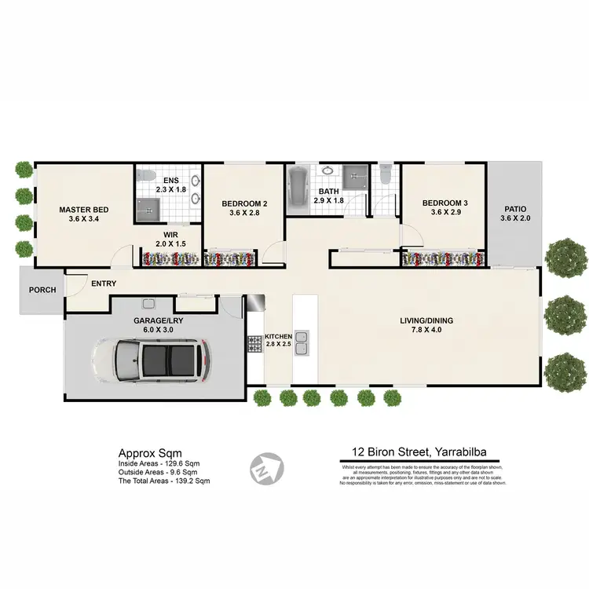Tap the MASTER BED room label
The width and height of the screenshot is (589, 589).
pos(84,210)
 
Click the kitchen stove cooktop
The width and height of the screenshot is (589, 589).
pos(255,343)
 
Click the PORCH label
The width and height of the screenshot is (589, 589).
pos(42,290)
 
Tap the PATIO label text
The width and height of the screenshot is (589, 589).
pos(515,209)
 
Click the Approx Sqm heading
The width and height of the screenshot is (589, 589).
pos(150,453)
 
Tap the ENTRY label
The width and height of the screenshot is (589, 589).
pos(104,284)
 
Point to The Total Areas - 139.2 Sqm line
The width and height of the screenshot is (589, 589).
pos(164,481)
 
